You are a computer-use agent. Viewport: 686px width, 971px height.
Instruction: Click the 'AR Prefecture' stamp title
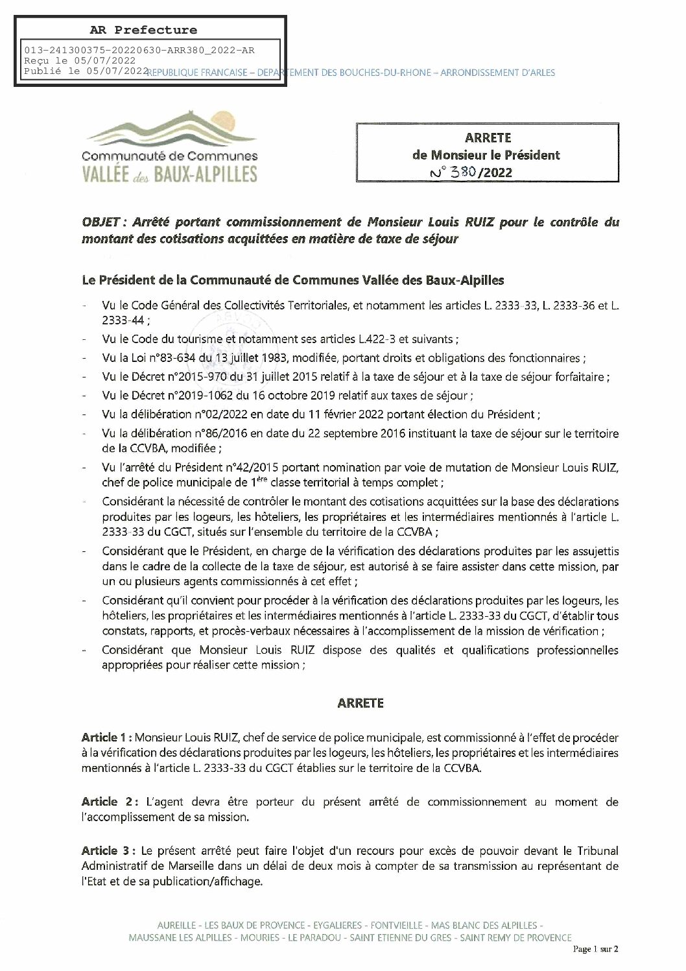(x=143, y=30)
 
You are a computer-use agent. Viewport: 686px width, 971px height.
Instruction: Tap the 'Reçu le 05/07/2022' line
(x=67, y=60)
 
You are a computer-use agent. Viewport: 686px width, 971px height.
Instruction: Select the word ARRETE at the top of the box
(x=488, y=138)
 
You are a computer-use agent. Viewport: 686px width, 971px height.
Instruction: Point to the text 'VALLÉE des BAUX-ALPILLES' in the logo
(x=170, y=174)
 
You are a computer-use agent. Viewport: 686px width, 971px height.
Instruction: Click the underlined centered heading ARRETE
(x=360, y=703)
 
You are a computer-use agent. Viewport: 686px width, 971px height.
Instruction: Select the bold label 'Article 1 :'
(x=108, y=737)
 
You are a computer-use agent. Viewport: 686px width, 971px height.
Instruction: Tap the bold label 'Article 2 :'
(x=109, y=802)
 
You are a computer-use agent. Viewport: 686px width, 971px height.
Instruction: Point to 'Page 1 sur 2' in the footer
(x=596, y=950)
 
